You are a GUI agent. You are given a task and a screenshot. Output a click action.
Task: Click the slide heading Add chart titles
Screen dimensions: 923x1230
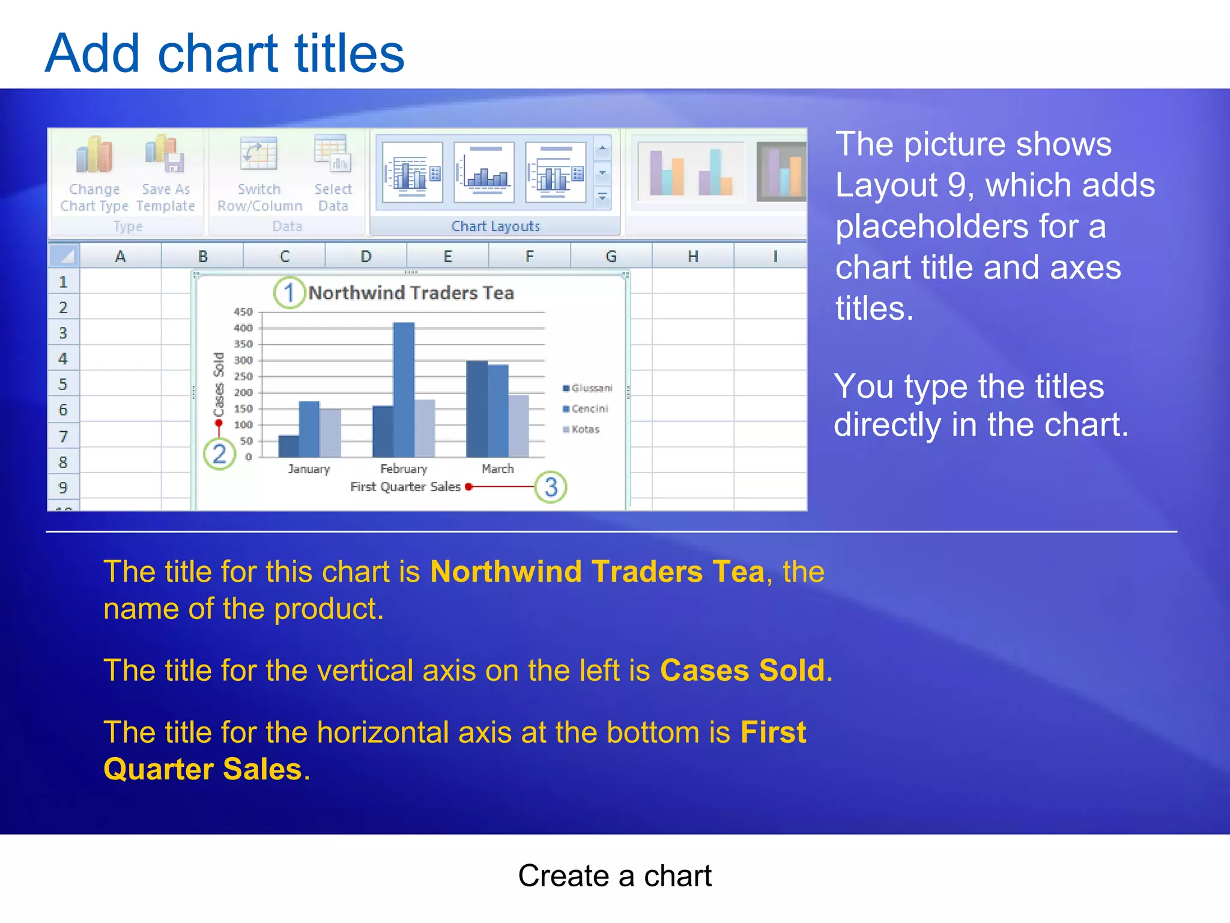pos(225,53)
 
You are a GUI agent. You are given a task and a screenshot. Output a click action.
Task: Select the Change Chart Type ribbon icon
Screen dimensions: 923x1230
pos(94,155)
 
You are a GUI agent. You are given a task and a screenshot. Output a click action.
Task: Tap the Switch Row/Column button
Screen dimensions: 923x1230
pos(259,155)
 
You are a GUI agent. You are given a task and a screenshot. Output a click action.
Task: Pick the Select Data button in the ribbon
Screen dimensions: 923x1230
pos(332,154)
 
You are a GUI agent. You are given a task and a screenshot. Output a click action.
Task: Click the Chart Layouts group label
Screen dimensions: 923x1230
pos(495,227)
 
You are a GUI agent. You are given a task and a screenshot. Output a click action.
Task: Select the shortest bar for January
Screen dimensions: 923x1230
pos(289,446)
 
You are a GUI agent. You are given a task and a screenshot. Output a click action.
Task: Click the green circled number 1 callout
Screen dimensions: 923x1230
pos(289,293)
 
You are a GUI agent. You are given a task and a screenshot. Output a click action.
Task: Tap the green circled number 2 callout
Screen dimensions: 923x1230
pos(219,454)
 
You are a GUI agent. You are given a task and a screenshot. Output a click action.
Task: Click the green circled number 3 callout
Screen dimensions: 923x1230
pos(551,487)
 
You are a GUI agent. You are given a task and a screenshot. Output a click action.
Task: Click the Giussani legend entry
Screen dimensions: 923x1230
pos(588,388)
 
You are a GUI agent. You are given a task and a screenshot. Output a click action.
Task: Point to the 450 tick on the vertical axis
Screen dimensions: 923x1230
pos(243,312)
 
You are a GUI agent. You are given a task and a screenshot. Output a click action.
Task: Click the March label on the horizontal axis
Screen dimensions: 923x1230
pos(497,469)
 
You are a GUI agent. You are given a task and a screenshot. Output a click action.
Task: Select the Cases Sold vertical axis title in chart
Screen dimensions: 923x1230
pos(219,385)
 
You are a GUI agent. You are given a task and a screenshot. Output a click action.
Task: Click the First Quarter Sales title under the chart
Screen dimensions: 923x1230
pos(405,487)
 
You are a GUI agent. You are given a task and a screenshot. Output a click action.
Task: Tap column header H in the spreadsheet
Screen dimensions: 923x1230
pos(692,257)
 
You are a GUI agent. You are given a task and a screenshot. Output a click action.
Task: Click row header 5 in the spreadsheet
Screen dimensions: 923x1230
pos(63,384)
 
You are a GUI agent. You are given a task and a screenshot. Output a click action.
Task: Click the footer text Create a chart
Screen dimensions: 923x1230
pos(614,876)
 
